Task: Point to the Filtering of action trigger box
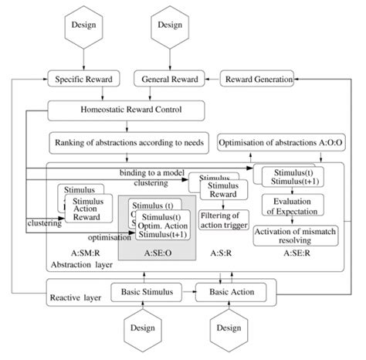click(223, 220)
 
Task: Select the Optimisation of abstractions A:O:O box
click(280, 143)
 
